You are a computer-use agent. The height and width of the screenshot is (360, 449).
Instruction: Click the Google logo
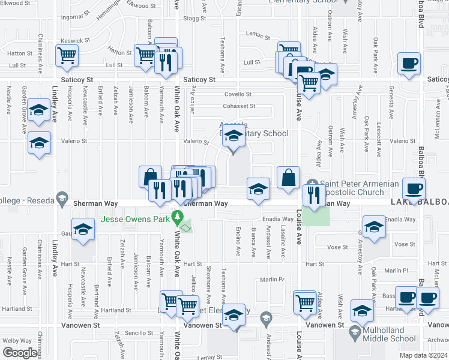20,353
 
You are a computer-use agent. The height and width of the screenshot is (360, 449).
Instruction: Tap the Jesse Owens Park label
135,219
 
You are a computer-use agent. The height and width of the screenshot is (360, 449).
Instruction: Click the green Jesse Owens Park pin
177,216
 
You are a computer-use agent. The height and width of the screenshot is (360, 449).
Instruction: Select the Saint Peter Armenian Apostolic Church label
352,188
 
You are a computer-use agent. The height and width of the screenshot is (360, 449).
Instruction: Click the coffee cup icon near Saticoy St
409,64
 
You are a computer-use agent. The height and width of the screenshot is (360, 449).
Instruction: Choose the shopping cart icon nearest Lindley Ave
67,56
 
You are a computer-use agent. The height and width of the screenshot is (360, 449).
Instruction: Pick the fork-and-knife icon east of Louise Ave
313,196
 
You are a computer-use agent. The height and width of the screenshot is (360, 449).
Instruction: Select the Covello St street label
238,94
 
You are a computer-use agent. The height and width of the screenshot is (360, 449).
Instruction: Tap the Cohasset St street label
240,106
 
